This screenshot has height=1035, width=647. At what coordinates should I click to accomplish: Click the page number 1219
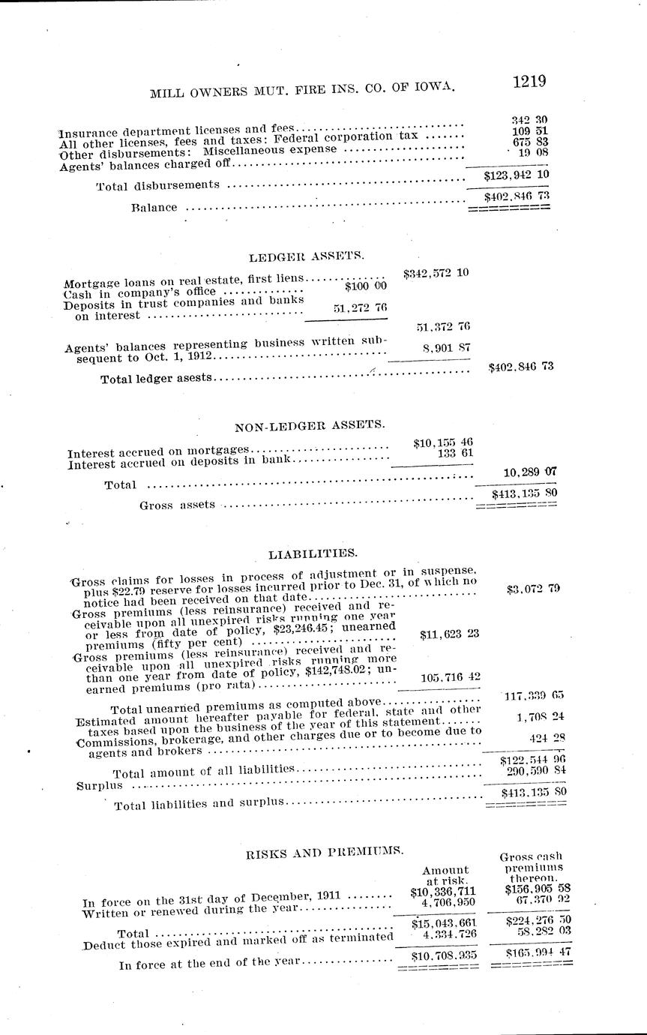[529, 81]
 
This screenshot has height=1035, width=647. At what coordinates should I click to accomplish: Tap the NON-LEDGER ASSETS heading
[310, 425]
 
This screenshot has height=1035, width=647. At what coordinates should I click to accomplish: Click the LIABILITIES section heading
[313, 553]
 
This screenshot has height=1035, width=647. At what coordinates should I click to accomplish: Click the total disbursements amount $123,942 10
[517, 175]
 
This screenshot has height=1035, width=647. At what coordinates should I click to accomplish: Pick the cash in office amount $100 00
[366, 286]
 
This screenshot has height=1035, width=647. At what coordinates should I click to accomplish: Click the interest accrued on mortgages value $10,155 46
[442, 442]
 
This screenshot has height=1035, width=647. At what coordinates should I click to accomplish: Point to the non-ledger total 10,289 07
[529, 471]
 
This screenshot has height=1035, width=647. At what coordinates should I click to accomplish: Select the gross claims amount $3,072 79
[533, 588]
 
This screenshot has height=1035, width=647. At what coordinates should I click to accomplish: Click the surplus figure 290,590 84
[532, 770]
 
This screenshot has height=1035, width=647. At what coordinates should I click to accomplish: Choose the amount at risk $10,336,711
[443, 892]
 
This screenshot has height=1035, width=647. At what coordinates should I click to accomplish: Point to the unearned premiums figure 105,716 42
[439, 676]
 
